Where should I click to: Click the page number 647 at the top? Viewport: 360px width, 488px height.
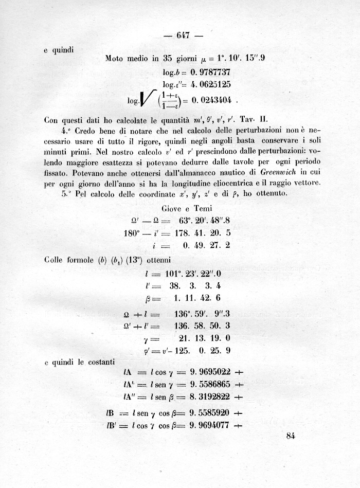click(183, 35)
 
